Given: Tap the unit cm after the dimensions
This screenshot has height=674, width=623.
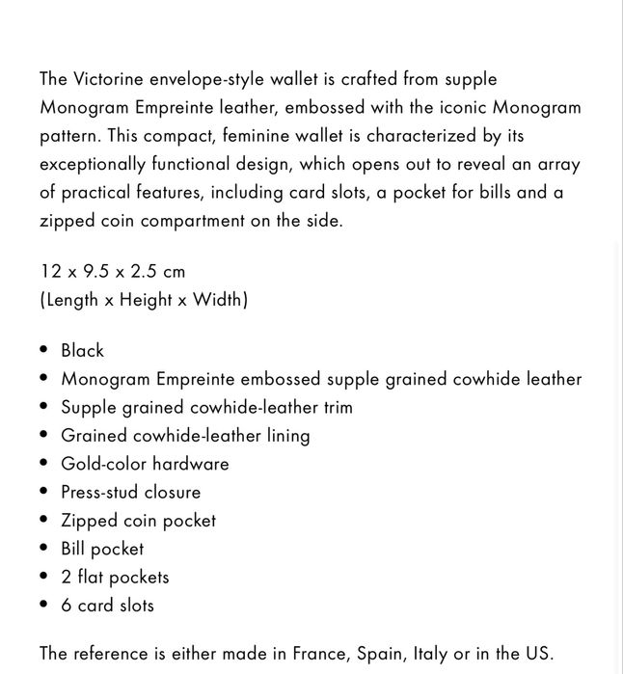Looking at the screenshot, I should point(174,271).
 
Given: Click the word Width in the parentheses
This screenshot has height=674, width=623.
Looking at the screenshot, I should point(219,300).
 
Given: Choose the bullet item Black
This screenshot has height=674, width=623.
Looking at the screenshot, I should point(82,350).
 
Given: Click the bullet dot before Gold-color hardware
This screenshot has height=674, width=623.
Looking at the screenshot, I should point(44,464).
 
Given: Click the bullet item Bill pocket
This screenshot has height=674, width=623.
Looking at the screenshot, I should point(102,549).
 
